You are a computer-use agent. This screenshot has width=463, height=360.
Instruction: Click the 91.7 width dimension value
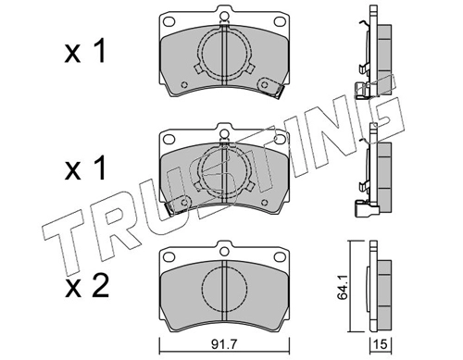[224, 344]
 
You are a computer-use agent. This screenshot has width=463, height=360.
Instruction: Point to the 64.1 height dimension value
[343, 288]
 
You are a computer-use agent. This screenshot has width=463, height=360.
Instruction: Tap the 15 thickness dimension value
[381, 344]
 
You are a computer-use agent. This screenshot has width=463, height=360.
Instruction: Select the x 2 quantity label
[87, 286]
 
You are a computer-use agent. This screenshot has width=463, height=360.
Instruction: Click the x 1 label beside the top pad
[85, 51]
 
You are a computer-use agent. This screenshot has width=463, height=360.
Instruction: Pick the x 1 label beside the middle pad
[85, 168]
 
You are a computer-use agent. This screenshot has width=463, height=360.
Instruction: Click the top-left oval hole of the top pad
[169, 21]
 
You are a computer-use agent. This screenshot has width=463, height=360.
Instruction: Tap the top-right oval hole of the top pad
[280, 21]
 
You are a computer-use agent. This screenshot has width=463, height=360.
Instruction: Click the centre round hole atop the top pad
[224, 16]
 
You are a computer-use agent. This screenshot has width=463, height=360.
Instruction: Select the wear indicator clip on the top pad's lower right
[270, 87]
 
